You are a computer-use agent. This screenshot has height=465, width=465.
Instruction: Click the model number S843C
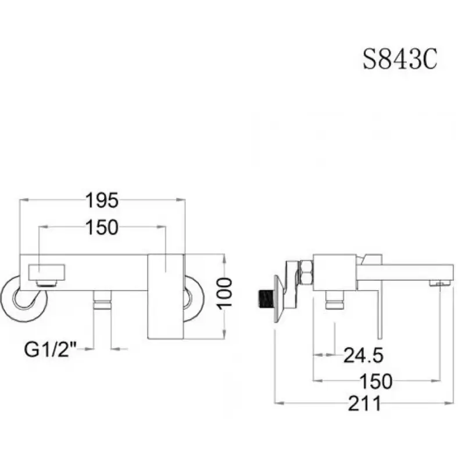400,60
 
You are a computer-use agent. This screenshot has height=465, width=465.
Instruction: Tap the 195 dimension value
102,200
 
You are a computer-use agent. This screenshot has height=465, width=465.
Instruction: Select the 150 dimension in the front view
102,227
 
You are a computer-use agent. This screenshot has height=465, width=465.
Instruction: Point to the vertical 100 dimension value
225,294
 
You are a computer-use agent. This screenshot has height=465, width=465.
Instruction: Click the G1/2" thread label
51,349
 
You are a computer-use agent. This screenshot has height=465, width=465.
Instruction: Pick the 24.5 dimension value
363,355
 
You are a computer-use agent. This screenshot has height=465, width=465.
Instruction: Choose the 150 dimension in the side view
375,381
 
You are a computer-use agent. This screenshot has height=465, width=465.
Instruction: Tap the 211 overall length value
364,403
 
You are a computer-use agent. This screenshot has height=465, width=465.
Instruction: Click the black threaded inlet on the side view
267,299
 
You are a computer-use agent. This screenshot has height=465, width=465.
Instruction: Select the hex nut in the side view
306,272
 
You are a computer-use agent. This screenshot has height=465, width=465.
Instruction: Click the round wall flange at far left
23,299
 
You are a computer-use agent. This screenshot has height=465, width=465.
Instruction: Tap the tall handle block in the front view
166,296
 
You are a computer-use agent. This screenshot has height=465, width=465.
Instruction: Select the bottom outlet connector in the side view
334,300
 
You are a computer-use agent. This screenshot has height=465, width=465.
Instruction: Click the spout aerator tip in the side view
440,284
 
